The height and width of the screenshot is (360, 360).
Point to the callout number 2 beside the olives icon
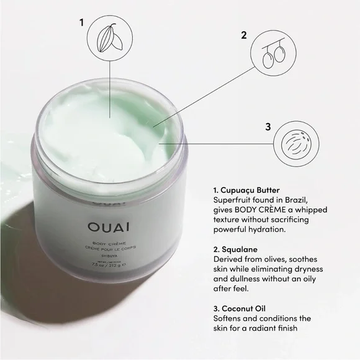coord(243,35)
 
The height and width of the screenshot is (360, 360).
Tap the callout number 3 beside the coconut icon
coord(268,127)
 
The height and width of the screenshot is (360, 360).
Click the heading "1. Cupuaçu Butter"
coord(246,189)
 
